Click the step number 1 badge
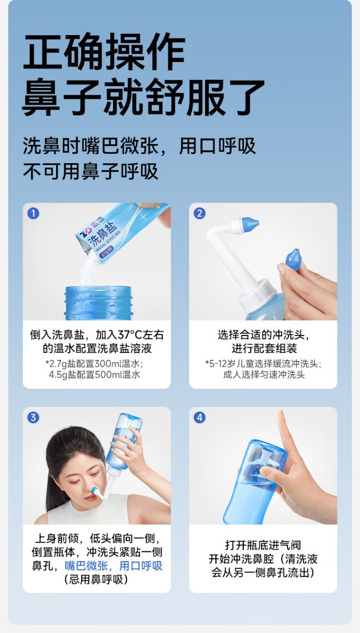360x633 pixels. (x=33, y=214)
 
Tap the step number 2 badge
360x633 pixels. (x=200, y=214)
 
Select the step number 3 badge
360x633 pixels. (x=33, y=418)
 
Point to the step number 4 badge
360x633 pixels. (x=200, y=418)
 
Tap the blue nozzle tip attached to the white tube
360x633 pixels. (x=250, y=222)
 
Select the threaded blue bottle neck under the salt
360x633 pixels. (x=98, y=303)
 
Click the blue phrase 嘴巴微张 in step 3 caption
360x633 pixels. (x=86, y=566)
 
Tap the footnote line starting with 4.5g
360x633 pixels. (x=95, y=375)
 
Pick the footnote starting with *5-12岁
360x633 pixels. (x=263, y=363)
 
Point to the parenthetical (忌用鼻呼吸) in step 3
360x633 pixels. (x=96, y=580)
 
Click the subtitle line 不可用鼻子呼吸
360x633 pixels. (x=90, y=171)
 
